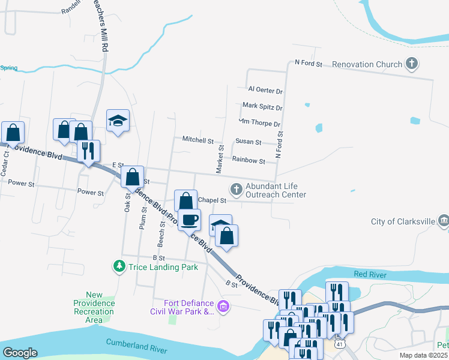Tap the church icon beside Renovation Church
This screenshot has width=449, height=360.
coord(411,63)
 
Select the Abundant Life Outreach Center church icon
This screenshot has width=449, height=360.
coord(237,190)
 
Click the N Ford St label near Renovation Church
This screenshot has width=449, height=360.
coord(309,63)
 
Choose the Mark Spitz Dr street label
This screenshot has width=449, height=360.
coord(262,107)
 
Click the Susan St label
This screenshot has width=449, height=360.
coord(248,142)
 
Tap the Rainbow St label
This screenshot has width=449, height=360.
coord(249,161)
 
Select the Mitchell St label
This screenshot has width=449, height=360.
coord(197,140)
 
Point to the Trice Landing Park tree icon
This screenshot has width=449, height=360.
coord(120,265)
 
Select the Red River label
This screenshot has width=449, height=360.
coord(369,274)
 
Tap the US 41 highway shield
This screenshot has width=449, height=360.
coord(340,344)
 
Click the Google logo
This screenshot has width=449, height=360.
coord(20,353)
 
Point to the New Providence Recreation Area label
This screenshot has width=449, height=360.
coord(94,307)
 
